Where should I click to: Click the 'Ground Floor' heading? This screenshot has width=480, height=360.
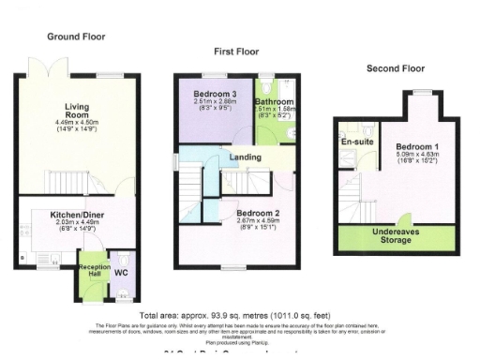pos(77,37)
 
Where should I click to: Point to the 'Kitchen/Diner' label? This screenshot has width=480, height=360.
pos(77,215)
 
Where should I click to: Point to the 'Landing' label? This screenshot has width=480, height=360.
pos(245,157)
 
